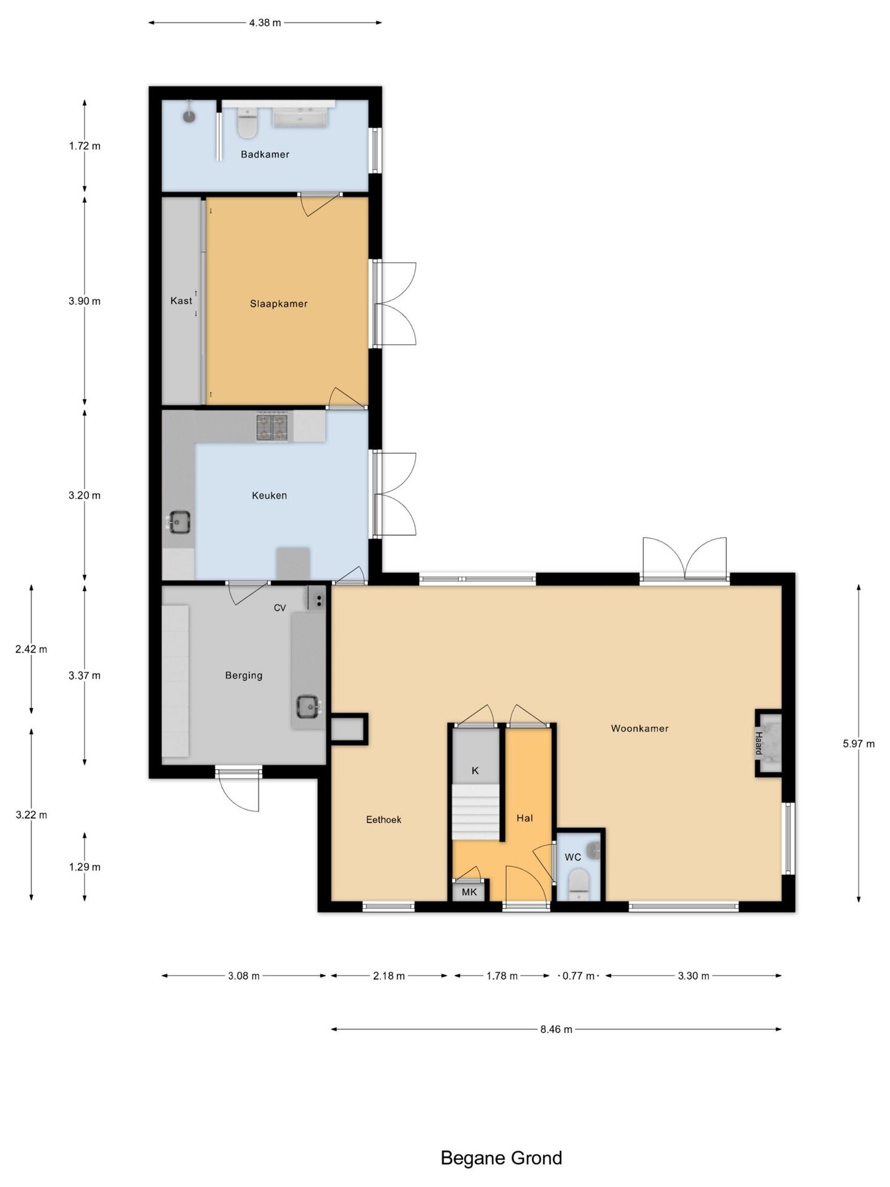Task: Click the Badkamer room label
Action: pyautogui.click(x=265, y=155)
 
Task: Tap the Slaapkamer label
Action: pyautogui.click(x=279, y=304)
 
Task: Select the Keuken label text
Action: pyautogui.click(x=269, y=495)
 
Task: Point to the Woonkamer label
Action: pyautogui.click(x=640, y=728)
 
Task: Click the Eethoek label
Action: pyautogui.click(x=384, y=820)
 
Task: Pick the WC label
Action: pyautogui.click(x=573, y=857)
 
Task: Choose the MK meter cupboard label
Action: pyautogui.click(x=470, y=892)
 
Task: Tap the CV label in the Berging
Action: pyautogui.click(x=280, y=608)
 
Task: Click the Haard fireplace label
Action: pyautogui.click(x=758, y=743)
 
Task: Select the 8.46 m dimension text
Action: pyautogui.click(x=556, y=1029)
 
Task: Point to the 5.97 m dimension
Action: pyautogui.click(x=858, y=744)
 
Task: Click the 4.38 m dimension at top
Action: pyautogui.click(x=265, y=23)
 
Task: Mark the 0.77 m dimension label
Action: pyautogui.click(x=578, y=976)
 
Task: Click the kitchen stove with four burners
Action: pyautogui.click(x=273, y=427)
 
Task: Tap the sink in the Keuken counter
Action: pyautogui.click(x=179, y=522)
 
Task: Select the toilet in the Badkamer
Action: pyautogui.click(x=247, y=124)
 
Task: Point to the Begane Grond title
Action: pyautogui.click(x=501, y=1158)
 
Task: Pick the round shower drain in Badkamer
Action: pyautogui.click(x=189, y=116)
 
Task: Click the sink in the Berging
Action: pyautogui.click(x=308, y=706)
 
